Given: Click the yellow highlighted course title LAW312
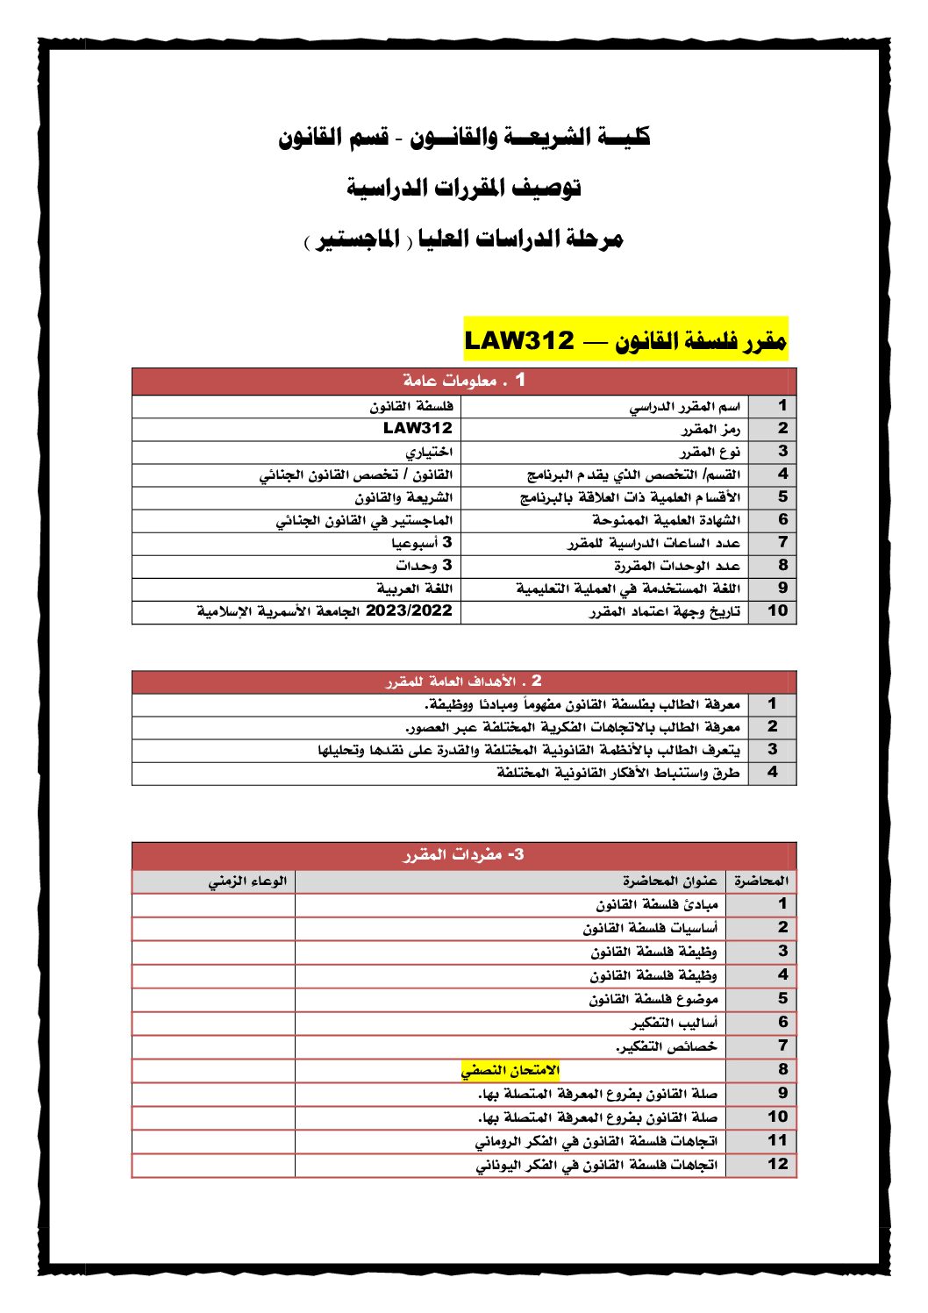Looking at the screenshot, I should [x=625, y=339].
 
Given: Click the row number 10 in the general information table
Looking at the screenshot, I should [x=777, y=610].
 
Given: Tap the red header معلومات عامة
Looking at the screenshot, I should [x=463, y=381].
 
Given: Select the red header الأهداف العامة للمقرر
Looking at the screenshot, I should [x=463, y=681].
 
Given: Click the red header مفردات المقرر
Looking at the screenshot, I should [x=463, y=854].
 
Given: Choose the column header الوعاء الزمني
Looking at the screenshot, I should [x=247, y=881].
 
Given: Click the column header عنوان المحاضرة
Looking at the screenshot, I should [x=670, y=881].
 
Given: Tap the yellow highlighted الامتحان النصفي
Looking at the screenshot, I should [x=510, y=1070].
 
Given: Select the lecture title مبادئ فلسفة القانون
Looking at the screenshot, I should [x=657, y=904].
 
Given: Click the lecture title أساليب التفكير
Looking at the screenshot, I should [x=674, y=1023].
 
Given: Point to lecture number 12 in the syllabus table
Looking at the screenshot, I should [x=777, y=1165].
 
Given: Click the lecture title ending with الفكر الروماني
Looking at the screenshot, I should [x=596, y=1141].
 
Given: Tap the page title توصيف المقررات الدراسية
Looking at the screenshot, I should [x=463, y=187].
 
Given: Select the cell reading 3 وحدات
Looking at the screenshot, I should [x=424, y=565].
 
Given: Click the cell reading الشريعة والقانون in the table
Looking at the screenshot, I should [x=403, y=497].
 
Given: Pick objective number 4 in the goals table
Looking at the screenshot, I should [x=772, y=773].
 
